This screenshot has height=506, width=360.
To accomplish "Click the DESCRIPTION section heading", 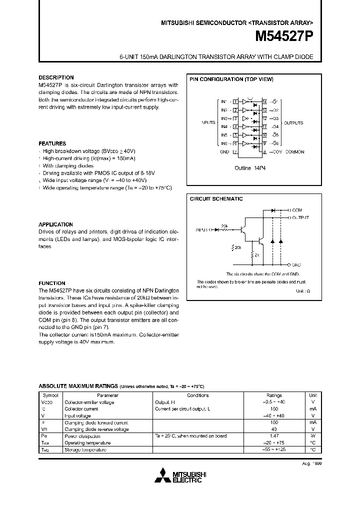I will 56,78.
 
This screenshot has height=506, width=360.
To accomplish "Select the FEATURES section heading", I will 52,143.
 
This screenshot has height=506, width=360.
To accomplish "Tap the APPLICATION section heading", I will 56,225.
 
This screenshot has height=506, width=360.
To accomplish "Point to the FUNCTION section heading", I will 52,283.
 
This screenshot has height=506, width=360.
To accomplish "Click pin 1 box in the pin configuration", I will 234,101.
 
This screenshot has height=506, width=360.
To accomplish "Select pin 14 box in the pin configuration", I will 264,101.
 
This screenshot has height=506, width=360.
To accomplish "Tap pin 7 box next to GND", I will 234,152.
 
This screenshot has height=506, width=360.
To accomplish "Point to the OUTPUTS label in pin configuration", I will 293,123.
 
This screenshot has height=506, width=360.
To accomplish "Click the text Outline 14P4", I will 250,168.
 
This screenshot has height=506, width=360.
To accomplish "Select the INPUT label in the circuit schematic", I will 203,229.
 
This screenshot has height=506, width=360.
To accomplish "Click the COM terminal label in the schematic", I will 297,210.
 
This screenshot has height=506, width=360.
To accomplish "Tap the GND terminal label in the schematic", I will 296,264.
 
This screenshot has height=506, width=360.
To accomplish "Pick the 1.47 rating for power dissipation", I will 274,436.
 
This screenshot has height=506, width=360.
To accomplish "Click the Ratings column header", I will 274,395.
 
